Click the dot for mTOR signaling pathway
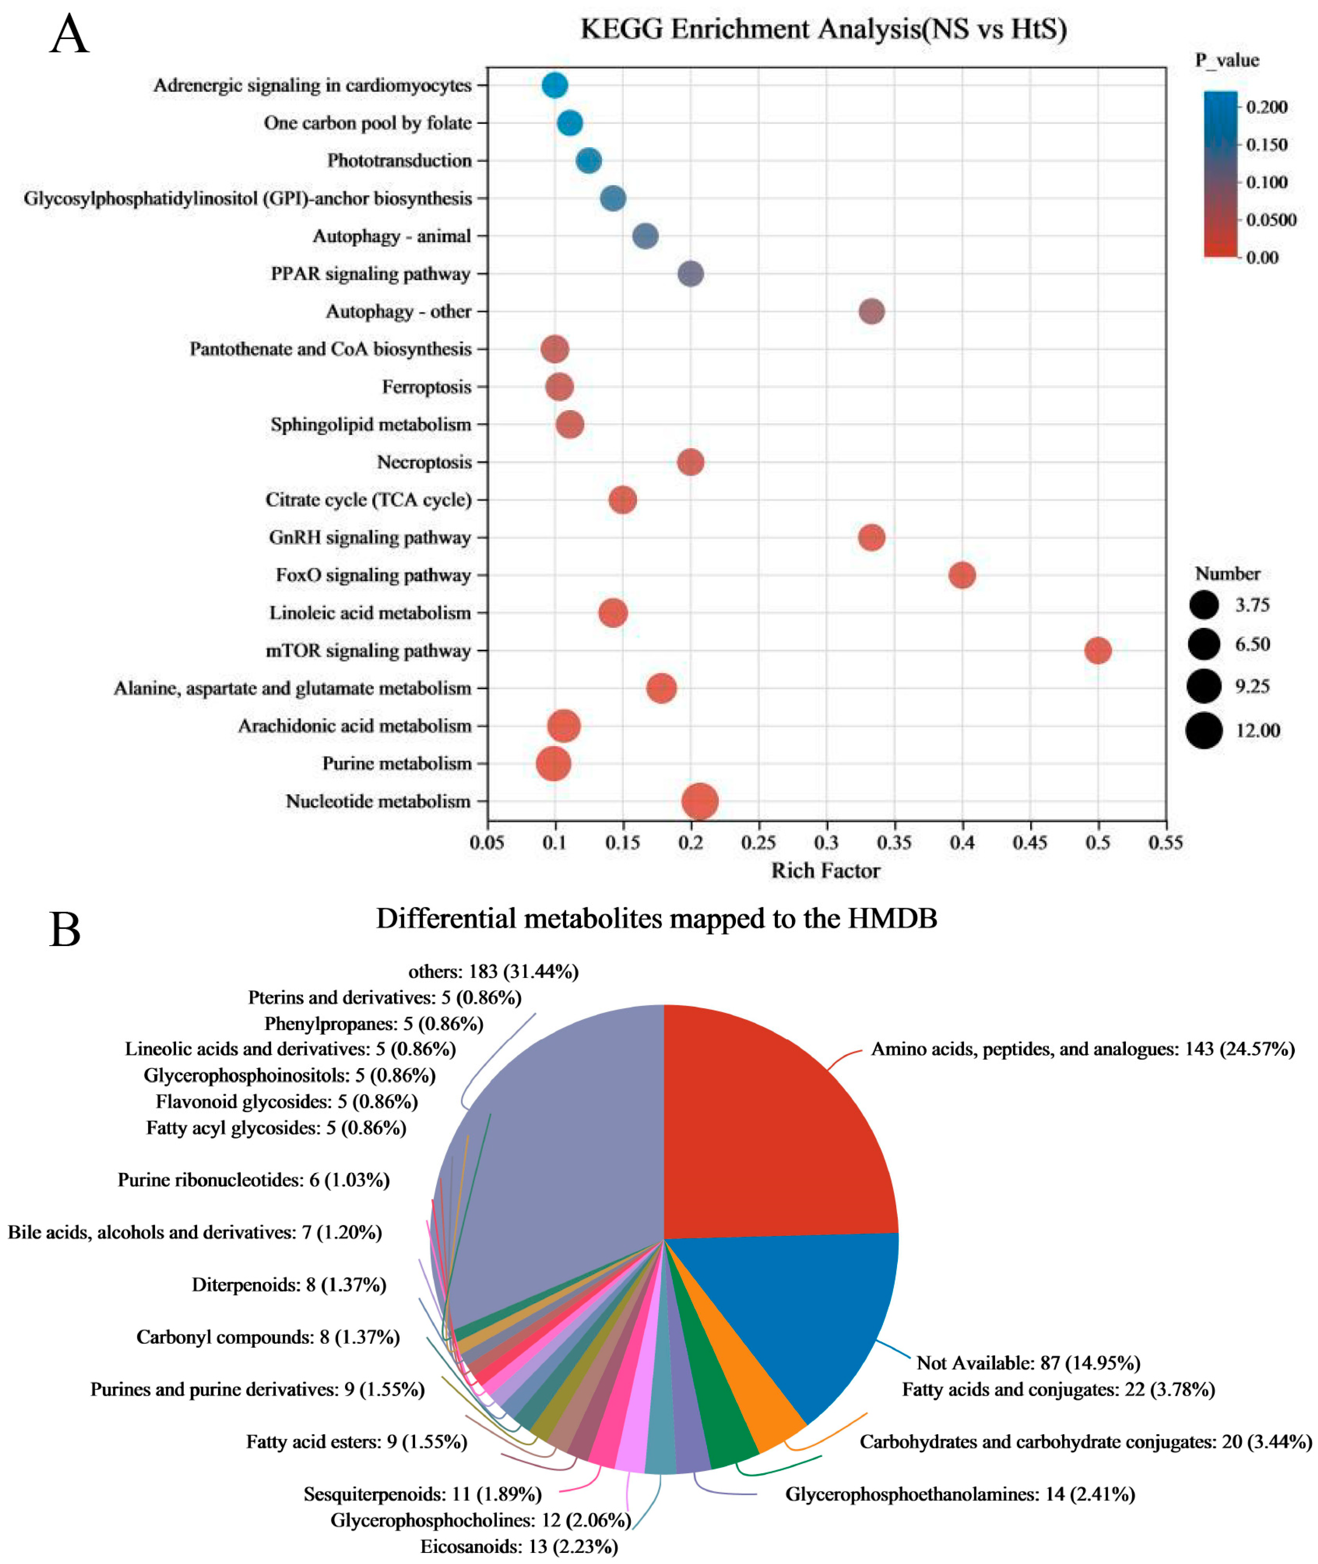(x=1097, y=650)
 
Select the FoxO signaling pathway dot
(x=962, y=575)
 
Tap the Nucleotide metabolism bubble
(x=700, y=801)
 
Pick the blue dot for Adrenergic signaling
(x=554, y=85)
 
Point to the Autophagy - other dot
(x=871, y=311)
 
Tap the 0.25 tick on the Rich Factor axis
(x=759, y=843)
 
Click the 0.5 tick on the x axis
(x=1097, y=843)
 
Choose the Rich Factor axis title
(x=826, y=871)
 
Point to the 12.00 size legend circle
(x=1204, y=730)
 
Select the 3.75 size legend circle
(x=1204, y=604)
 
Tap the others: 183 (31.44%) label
(x=493, y=972)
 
